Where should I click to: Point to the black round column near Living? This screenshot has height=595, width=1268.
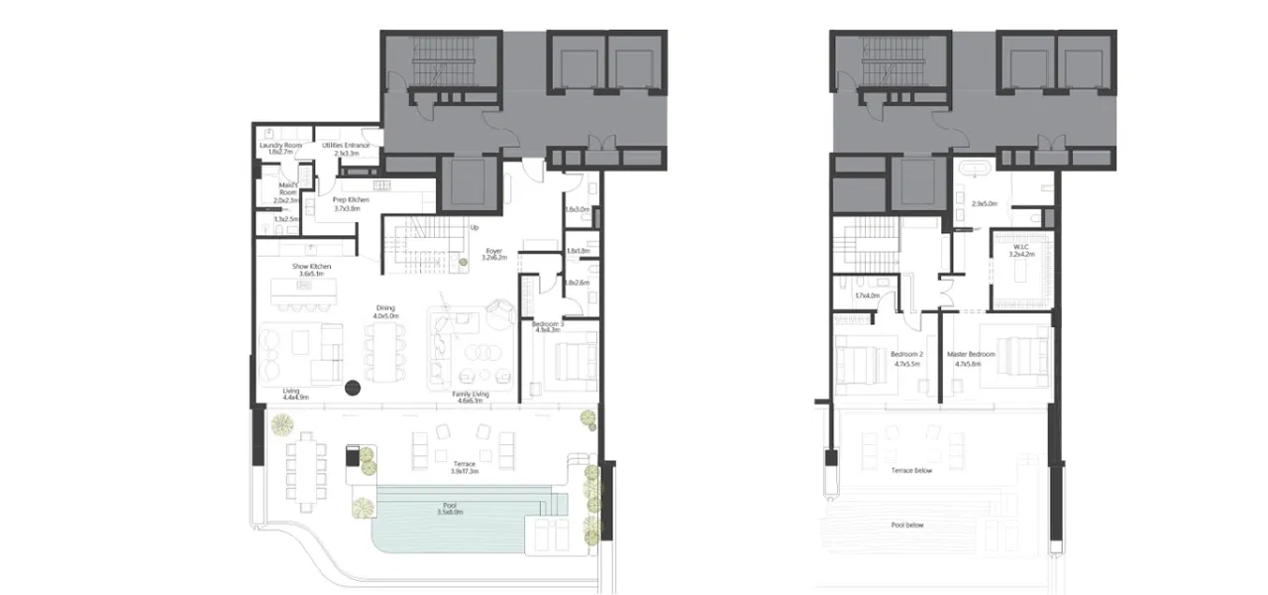pyautogui.click(x=352, y=389)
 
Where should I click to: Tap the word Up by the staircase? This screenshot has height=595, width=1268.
pyautogui.click(x=475, y=228)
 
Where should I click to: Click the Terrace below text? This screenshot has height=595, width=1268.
pyautogui.click(x=911, y=471)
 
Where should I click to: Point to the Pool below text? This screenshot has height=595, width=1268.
pyautogui.click(x=906, y=526)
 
